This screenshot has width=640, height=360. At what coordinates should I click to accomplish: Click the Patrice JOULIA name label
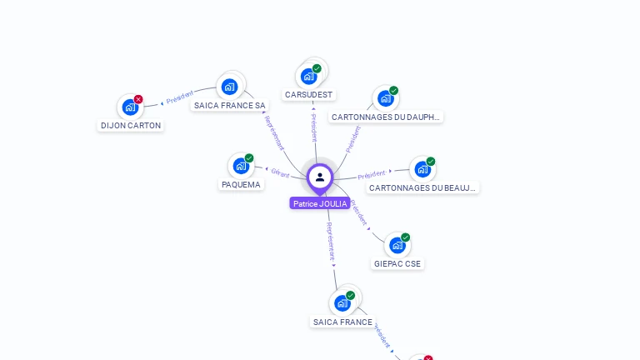click(320, 203)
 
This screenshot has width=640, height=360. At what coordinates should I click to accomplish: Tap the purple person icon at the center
click(320, 177)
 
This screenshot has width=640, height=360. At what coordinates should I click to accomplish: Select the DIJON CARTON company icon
click(130, 107)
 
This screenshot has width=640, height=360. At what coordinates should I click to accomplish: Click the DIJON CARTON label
click(131, 126)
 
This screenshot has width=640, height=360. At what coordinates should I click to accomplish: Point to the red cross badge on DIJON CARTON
click(138, 99)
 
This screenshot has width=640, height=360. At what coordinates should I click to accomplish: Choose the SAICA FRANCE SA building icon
click(229, 86)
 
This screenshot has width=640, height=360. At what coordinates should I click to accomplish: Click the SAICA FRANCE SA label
click(230, 106)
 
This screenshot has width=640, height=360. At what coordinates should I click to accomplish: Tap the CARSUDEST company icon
click(309, 76)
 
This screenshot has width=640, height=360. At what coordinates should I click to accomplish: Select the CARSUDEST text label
click(309, 95)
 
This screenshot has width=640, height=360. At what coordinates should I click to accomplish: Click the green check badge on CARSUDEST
click(317, 68)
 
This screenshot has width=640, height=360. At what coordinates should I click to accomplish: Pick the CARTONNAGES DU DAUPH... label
click(385, 117)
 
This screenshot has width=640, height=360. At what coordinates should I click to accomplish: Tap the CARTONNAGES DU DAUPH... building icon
click(385, 98)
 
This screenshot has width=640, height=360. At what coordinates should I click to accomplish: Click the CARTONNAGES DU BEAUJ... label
click(422, 188)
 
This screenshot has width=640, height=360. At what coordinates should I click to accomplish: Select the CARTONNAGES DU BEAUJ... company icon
click(422, 169)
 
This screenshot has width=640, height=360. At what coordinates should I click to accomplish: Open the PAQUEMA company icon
click(241, 166)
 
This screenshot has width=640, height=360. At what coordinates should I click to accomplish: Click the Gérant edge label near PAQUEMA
click(280, 173)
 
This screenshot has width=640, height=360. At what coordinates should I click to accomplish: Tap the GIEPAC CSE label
click(397, 264)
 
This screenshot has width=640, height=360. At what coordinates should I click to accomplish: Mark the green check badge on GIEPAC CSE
click(406, 237)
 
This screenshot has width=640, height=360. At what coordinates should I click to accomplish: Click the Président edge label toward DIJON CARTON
click(179, 97)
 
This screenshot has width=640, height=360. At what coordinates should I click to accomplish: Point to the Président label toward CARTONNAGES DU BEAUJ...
click(372, 175)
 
